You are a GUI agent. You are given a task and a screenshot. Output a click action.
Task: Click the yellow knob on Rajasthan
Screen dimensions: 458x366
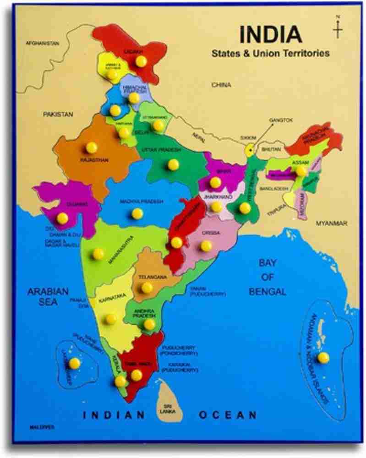[x=91, y=147]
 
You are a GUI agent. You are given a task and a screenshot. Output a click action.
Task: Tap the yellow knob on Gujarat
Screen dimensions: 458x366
[x=62, y=218]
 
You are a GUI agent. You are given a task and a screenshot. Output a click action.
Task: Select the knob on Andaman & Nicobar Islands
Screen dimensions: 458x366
[x=323, y=357]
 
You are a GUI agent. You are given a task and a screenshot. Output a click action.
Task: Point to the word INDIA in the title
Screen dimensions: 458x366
[x=271, y=34]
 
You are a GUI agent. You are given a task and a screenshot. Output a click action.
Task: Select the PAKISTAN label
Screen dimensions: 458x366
[x=58, y=114]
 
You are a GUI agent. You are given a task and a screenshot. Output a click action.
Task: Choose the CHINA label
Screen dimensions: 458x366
[x=221, y=85]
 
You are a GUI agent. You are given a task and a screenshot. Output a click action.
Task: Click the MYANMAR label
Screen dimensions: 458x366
[x=331, y=223]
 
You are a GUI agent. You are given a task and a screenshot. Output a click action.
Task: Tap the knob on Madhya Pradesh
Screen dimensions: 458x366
[x=137, y=213]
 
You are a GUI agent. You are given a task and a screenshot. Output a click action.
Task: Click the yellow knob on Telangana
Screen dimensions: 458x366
[x=147, y=288]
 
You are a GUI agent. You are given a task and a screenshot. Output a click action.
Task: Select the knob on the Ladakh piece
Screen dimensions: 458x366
[x=141, y=61]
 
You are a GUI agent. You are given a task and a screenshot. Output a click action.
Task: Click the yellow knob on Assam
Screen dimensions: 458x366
[x=301, y=171]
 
